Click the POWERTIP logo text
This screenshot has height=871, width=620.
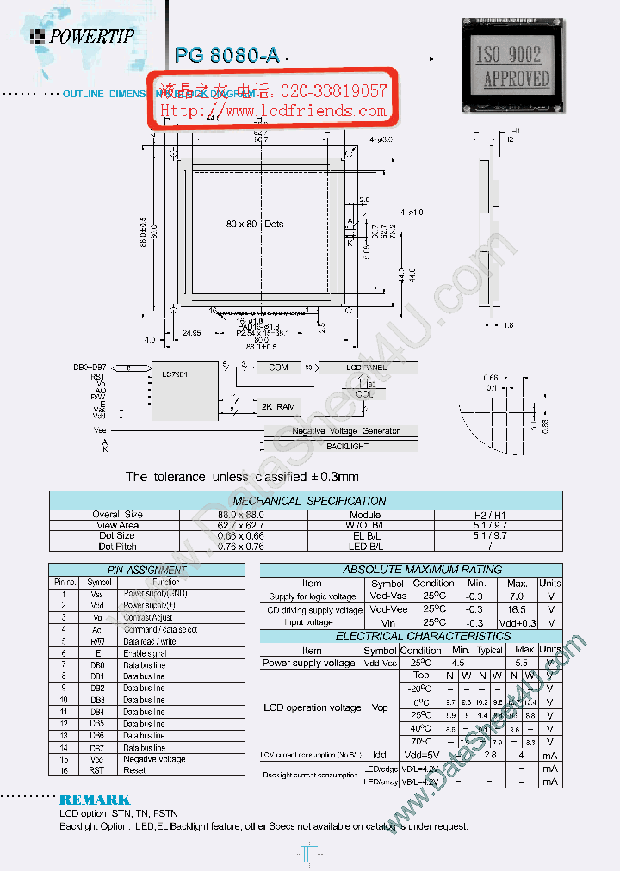(91, 35)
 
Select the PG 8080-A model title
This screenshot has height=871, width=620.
(226, 56)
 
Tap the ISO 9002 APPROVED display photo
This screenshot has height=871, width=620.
(514, 66)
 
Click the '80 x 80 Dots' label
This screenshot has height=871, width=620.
(255, 224)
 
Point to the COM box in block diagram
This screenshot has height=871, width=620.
(278, 368)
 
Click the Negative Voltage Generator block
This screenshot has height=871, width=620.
(345, 430)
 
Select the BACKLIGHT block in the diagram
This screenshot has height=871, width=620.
(346, 446)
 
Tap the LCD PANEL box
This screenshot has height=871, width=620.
(368, 368)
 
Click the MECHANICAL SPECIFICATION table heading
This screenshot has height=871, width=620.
(309, 501)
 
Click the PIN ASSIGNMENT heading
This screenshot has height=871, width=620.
(146, 570)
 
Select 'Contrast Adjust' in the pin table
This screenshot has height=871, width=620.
(147, 617)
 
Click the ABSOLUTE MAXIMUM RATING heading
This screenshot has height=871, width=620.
(410, 570)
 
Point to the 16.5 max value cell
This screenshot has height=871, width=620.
(517, 609)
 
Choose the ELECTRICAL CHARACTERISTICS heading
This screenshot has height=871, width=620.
(411, 636)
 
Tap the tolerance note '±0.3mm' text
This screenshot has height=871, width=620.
(332, 476)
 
